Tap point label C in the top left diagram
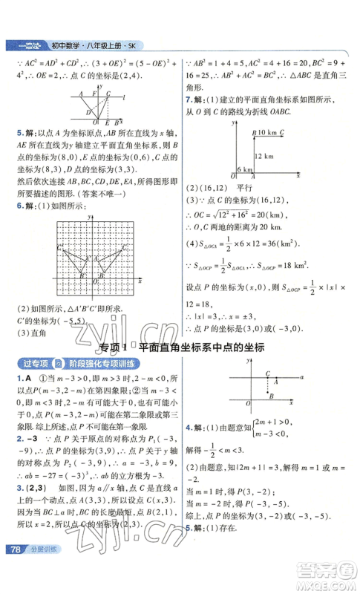point(108,94)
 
